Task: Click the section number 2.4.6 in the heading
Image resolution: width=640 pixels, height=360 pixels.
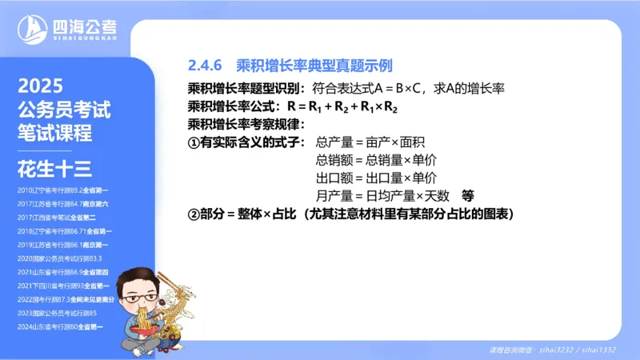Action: pyautogui.click(x=205, y=64)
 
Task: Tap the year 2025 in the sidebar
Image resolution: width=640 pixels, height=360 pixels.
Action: pyautogui.click(x=40, y=86)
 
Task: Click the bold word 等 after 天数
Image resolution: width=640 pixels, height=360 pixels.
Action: pyautogui.click(x=468, y=195)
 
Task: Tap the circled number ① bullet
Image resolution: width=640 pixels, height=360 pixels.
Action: pyautogui.click(x=193, y=142)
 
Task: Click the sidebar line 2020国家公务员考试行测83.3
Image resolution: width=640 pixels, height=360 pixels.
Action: pyautogui.click(x=59, y=258)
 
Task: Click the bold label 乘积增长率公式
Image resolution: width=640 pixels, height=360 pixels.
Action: pyautogui.click(x=233, y=106)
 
